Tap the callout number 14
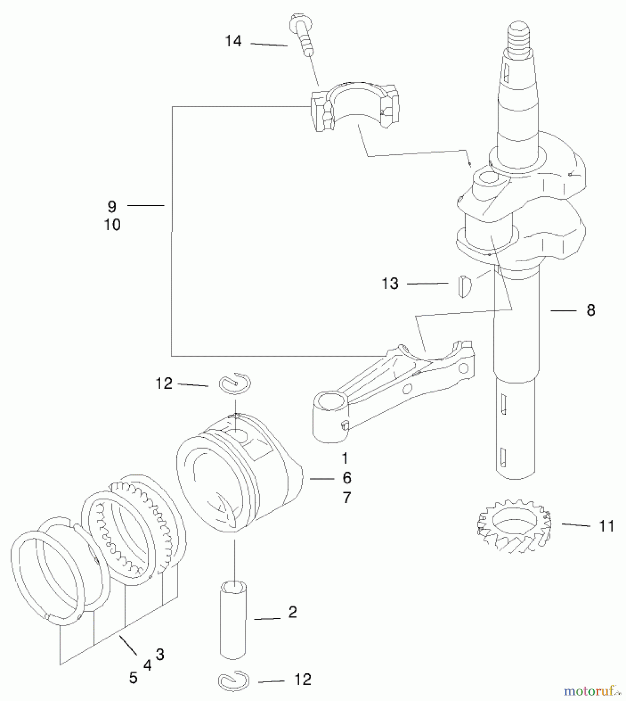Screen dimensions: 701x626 (x=233, y=41)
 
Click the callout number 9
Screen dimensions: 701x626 (x=112, y=206)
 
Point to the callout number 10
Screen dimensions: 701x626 (x=112, y=225)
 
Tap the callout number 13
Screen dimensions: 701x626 (x=390, y=284)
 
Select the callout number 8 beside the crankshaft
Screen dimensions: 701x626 (x=591, y=310)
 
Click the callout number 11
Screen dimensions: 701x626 (x=606, y=526)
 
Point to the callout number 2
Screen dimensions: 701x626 (x=293, y=612)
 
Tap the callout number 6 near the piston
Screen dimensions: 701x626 (x=347, y=478)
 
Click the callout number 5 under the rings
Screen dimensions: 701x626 (x=133, y=678)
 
